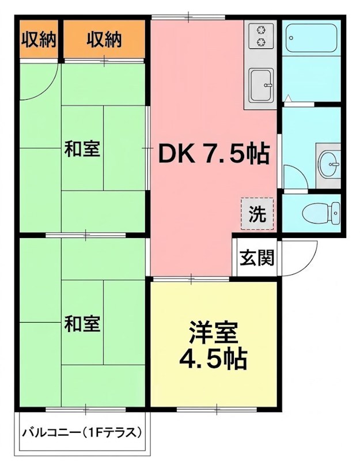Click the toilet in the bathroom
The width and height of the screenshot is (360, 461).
321,213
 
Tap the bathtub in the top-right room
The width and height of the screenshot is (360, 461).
312,38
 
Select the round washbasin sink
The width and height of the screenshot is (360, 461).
329,165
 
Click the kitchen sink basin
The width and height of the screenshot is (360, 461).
262,85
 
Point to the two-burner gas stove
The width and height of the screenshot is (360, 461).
261,36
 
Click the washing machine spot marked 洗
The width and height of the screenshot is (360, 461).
257,214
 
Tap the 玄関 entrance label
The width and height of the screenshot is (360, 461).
256,258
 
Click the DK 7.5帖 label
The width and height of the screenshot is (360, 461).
214,153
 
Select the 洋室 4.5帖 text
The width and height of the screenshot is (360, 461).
213,346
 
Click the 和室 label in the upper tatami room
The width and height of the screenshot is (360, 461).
82,149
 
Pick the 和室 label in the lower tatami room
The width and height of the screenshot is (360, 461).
82,323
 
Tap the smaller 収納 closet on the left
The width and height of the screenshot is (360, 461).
39,39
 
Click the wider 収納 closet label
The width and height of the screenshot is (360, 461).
104,39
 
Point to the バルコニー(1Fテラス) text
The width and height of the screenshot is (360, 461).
82,433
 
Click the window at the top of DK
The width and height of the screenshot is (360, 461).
188,17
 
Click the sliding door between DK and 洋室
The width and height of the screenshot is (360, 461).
191,278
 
